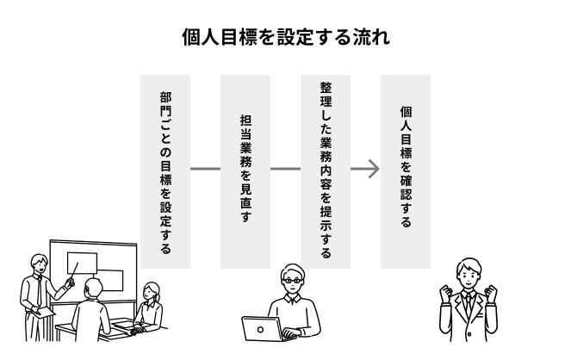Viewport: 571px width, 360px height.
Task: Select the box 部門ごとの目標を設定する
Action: pyautogui.click(x=165, y=171)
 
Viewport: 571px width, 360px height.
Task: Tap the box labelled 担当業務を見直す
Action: pyautogui.click(x=245, y=171)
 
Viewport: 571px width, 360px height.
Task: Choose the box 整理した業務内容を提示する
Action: pyautogui.click(x=326, y=171)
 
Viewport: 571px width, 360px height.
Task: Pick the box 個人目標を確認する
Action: pyautogui.click(x=406, y=171)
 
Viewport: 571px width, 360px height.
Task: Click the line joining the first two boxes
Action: pyautogui.click(x=205, y=169)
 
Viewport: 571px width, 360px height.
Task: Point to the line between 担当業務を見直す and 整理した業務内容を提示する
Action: pyautogui.click(x=285, y=169)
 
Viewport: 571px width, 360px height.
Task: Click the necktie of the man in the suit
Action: pyautogui.click(x=468, y=306)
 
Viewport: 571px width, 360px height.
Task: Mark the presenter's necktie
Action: pyautogui.click(x=39, y=293)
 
